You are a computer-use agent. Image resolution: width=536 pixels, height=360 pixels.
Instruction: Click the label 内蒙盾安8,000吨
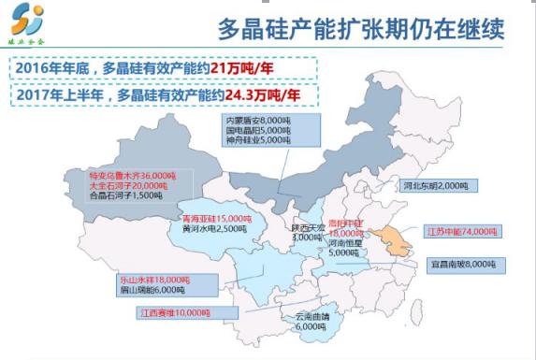pyautogui.click(x=256, y=121)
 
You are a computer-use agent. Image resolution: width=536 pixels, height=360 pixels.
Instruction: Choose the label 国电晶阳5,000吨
pyautogui.click(x=256, y=131)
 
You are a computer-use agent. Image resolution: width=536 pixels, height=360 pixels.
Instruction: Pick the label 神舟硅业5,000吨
pyautogui.click(x=256, y=141)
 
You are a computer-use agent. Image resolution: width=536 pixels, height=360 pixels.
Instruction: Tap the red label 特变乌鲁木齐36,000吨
pyautogui.click(x=132, y=175)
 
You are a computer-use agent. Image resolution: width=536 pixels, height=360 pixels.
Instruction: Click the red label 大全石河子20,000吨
pyautogui.click(x=127, y=185)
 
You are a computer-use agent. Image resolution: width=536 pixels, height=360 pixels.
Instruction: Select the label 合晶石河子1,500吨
pyautogui.click(x=126, y=195)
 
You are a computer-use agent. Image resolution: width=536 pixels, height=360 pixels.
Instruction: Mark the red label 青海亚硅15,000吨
pyautogui.click(x=213, y=218)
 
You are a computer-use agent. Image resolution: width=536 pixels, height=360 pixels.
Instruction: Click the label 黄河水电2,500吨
pyautogui.click(x=213, y=228)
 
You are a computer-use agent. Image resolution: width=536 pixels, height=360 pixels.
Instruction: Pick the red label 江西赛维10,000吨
pyautogui.click(x=174, y=312)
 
